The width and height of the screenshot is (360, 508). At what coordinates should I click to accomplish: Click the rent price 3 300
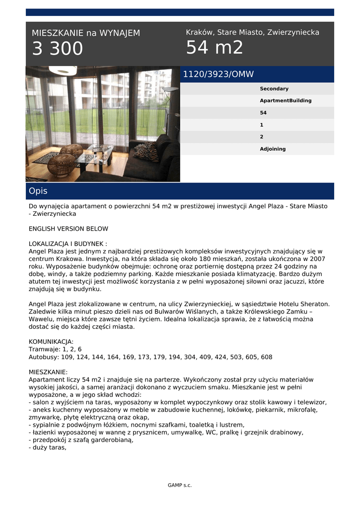[58, 49]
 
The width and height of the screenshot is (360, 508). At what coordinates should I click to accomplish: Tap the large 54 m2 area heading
[215, 48]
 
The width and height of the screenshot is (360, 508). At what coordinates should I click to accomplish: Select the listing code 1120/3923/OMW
[218, 74]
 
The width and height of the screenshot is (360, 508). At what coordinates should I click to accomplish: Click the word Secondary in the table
[274, 89]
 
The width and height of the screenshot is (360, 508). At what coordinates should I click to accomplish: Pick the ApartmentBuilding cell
[286, 101]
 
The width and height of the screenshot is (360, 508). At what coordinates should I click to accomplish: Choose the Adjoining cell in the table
[273, 149]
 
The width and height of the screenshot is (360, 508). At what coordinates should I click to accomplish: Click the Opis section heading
[38, 191]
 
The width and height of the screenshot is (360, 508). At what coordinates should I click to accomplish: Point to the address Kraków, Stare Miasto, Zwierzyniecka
[252, 33]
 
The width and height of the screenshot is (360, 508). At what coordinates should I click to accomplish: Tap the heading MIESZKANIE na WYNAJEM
[86, 33]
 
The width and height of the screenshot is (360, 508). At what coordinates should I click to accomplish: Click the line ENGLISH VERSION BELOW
[69, 229]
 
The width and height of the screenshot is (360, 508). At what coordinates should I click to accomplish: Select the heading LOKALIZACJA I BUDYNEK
[68, 244]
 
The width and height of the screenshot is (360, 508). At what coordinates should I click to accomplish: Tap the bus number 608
[266, 357]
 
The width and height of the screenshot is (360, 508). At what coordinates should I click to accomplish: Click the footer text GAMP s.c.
[180, 485]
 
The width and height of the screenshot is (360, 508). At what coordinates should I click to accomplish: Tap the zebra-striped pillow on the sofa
[146, 152]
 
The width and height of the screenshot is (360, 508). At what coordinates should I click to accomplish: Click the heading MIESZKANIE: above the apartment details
[48, 372]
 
